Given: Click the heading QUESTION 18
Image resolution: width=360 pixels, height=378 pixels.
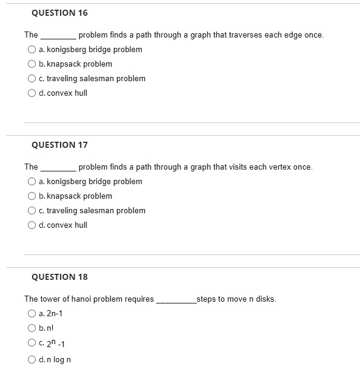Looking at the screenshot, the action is click(59, 277).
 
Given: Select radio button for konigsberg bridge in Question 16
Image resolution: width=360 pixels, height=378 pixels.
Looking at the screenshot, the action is click(31, 50).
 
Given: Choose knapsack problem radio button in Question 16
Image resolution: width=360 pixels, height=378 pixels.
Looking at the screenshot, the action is click(31, 64).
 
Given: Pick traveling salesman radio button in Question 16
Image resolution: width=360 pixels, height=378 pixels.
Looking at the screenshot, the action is click(31, 79).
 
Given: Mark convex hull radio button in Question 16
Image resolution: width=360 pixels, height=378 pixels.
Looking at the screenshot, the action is click(31, 93).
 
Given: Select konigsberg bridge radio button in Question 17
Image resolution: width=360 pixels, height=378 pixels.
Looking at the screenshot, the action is click(31, 182).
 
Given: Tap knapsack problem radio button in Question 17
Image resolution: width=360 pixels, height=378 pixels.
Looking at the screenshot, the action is click(31, 196).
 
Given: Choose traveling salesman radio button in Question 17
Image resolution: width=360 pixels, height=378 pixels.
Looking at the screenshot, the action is click(31, 211).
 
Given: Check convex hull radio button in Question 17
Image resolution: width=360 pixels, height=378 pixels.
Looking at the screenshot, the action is click(31, 225).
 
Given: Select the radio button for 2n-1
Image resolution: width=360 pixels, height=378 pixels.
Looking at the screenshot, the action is click(31, 314).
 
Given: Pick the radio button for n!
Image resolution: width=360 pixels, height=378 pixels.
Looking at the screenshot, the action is click(31, 328).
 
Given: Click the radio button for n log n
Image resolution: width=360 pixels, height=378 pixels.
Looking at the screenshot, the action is click(31, 360).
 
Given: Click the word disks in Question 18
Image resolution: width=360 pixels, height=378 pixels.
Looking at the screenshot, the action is click(265, 299).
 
